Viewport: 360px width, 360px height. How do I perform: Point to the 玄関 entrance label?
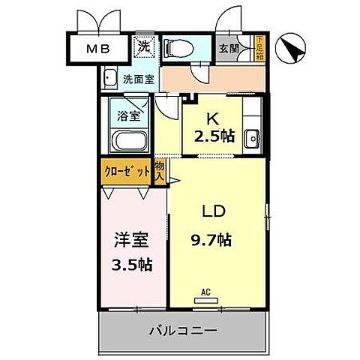(x=229, y=49)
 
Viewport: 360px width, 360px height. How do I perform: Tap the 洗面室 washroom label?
(x=138, y=77)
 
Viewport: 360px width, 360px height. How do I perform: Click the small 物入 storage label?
(x=160, y=171)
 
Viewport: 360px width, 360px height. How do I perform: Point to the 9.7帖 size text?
(x=210, y=240)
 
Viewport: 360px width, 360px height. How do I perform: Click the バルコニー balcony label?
(x=181, y=329)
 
